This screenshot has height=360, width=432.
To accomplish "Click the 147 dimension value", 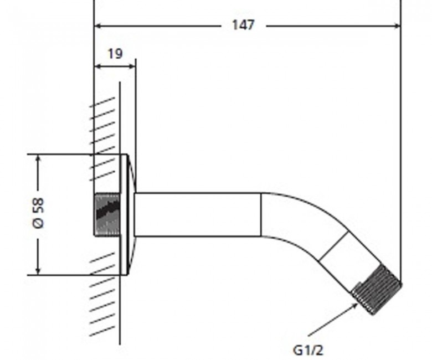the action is pyautogui.click(x=243, y=25).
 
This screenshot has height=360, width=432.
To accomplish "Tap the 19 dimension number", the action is pyautogui.click(x=115, y=54).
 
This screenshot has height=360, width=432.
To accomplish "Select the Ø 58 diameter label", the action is pyautogui.click(x=38, y=213).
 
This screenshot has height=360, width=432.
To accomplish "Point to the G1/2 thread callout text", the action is pyautogui.click(x=308, y=351).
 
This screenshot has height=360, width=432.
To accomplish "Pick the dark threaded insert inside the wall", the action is pyautogui.click(x=107, y=214).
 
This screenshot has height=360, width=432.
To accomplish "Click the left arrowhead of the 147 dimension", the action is pyautogui.click(x=99, y=26).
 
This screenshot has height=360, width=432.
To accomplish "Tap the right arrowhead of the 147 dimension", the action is pyautogui.click(x=397, y=26).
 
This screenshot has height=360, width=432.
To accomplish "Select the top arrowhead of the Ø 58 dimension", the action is pyautogui.click(x=38, y=159).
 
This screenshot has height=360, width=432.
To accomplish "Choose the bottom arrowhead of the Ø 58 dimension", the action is pyautogui.click(x=38, y=270).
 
